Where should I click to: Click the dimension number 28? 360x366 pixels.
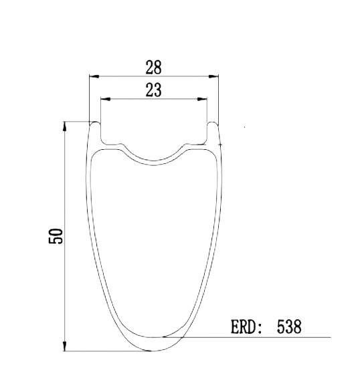click(x=153, y=67)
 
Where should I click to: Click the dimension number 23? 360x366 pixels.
click(x=153, y=90)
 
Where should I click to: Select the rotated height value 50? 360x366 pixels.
click(x=56, y=236)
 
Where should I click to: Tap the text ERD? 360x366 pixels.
click(x=246, y=327)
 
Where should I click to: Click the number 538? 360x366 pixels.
click(x=289, y=327)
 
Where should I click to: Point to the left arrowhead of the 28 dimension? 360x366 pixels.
click(x=94, y=76)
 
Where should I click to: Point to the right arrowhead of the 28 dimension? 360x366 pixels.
click(x=213, y=76)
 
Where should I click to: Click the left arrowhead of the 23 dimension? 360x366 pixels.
click(x=106, y=99)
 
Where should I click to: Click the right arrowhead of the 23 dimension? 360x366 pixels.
click(x=202, y=99)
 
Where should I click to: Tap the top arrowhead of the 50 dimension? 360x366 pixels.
click(x=65, y=126)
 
